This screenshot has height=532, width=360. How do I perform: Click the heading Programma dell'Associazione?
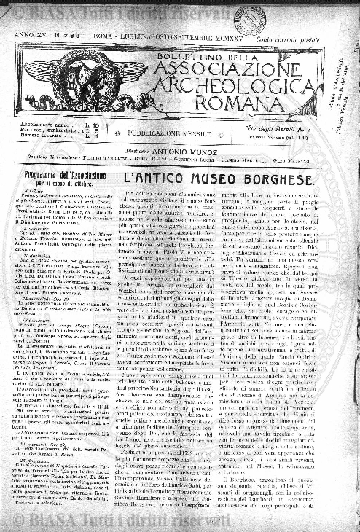(x=64, y=176)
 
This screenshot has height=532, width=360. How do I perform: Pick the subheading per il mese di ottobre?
(x=64, y=185)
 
